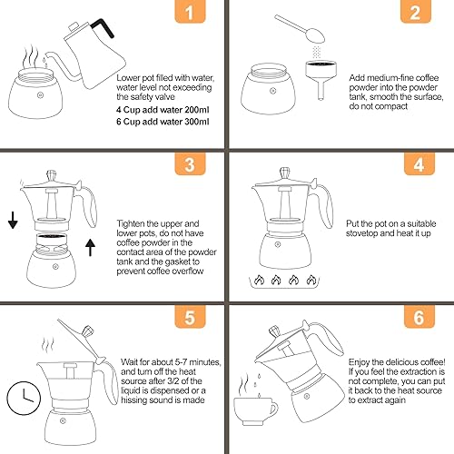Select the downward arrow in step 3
click(12, 222)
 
